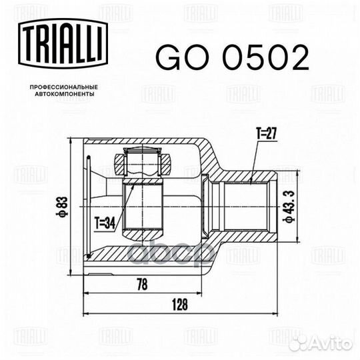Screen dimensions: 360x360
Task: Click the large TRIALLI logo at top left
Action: (63, 43)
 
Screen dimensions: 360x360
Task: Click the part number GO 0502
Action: (233, 57)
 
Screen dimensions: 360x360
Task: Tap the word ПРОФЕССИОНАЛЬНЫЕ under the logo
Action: (64, 87)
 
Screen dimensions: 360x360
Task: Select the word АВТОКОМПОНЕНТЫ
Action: (65, 94)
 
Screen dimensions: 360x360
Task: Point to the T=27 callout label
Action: (267, 133)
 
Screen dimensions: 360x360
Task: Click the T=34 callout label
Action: (105, 223)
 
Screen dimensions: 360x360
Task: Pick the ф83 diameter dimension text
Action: (62, 207)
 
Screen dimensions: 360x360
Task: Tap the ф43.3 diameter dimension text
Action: (288, 206)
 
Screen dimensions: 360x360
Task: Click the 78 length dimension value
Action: (143, 284)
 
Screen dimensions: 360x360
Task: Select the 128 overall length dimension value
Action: (180, 305)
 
